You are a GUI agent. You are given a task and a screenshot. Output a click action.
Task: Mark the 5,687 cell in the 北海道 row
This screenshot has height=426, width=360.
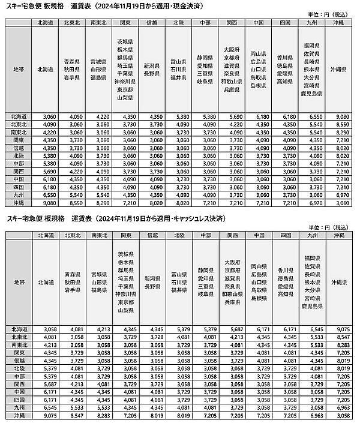click(232, 329)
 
